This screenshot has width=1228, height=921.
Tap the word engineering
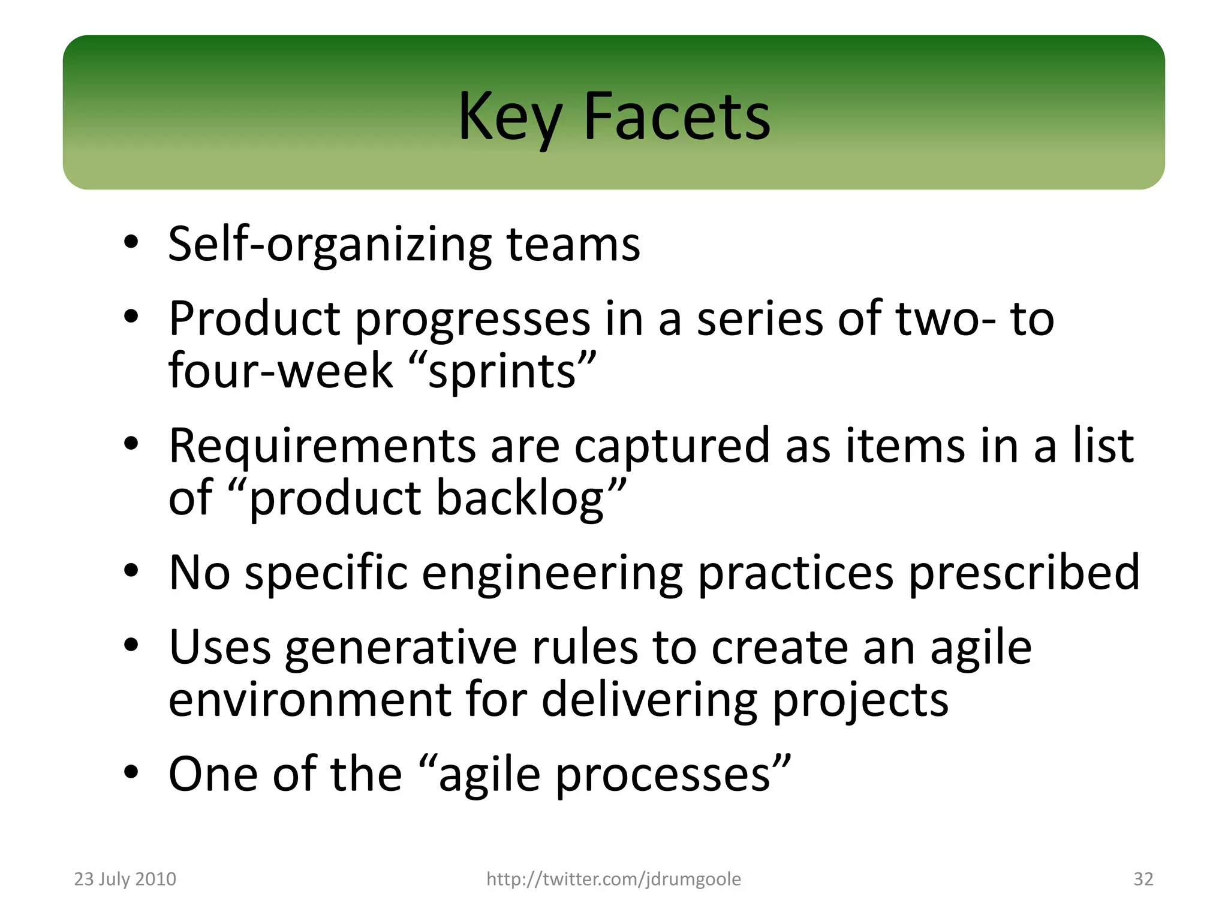[552, 573]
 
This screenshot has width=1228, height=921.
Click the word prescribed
[1024, 573]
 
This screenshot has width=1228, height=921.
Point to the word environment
[309, 699]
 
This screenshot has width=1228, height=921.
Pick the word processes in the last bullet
[672, 775]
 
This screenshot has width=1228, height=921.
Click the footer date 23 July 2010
[125, 879]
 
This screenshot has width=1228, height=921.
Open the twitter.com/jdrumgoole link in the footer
[613, 879]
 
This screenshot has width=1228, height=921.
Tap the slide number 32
[1143, 879]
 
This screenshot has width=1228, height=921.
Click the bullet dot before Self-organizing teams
[131, 243]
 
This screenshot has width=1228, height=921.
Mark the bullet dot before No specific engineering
[131, 571]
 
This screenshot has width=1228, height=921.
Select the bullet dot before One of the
[131, 773]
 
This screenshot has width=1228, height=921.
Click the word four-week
[281, 371]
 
